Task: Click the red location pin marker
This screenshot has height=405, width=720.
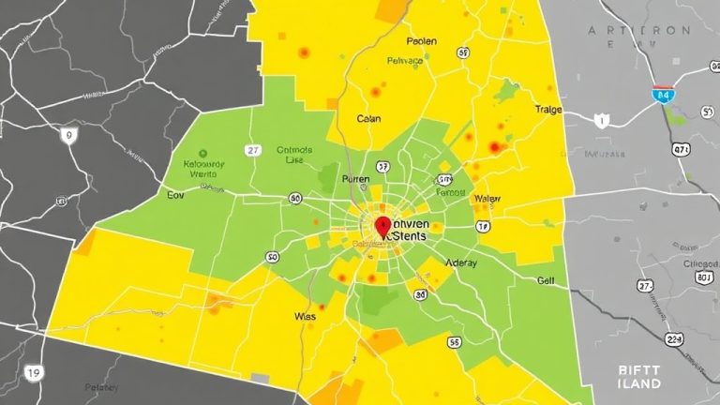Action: click(x=382, y=226)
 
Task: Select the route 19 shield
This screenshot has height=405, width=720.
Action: click(x=35, y=372)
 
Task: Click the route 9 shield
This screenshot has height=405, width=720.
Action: click(x=67, y=136)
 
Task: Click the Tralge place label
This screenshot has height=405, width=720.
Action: click(x=548, y=110)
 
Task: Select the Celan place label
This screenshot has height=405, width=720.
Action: click(x=368, y=119)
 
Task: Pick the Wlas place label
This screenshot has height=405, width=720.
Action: click(x=306, y=317)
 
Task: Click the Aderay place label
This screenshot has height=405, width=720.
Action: click(x=461, y=262)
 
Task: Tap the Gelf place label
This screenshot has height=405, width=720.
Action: click(x=546, y=280)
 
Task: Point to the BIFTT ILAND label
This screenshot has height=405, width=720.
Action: click(x=640, y=378)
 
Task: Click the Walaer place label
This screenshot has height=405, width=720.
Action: click(x=487, y=199)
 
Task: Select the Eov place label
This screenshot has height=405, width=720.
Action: click(x=175, y=196)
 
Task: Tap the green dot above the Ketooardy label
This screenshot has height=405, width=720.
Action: click(x=202, y=152)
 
